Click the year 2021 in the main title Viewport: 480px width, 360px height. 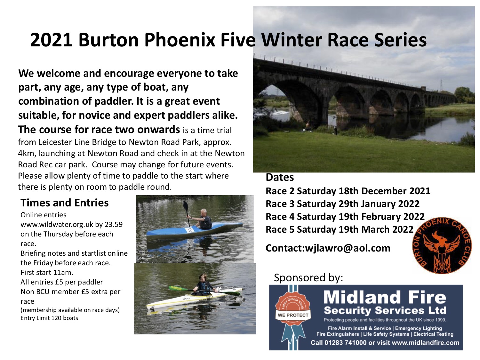click(x=51, y=40)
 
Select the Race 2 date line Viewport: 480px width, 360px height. click(x=348, y=191)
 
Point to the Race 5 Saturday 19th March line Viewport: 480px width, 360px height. click(x=340, y=229)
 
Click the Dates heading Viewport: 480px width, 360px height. click(x=280, y=177)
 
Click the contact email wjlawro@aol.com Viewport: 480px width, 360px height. click(x=348, y=248)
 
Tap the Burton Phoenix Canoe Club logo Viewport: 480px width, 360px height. click(x=442, y=246)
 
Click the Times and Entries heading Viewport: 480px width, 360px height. click(x=65, y=203)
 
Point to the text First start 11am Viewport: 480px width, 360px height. click(x=47, y=272)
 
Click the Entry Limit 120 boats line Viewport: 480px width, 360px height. click(x=49, y=318)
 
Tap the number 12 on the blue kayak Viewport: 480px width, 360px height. click(x=189, y=230)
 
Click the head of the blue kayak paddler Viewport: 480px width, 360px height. click(x=204, y=212)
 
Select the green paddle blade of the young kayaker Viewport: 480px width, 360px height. click(x=175, y=288)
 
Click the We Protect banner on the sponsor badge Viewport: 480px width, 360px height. click(x=293, y=315)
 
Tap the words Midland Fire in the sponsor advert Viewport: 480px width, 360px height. click(x=385, y=297)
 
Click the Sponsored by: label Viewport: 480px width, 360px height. click(x=308, y=278)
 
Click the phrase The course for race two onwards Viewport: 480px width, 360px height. click(x=99, y=129)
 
